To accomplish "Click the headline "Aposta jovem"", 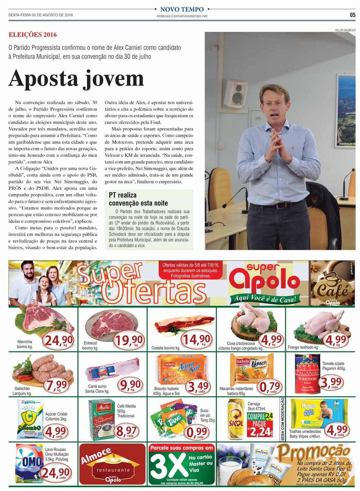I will (x=76, y=79).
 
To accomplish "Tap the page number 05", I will (x=352, y=15).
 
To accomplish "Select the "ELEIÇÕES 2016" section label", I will (x=33, y=35).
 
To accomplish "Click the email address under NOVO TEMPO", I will (x=182, y=16).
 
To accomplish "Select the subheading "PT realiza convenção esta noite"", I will (x=138, y=199).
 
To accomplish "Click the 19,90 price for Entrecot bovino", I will (x=129, y=340).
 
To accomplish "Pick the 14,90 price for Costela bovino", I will (x=196, y=339).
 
